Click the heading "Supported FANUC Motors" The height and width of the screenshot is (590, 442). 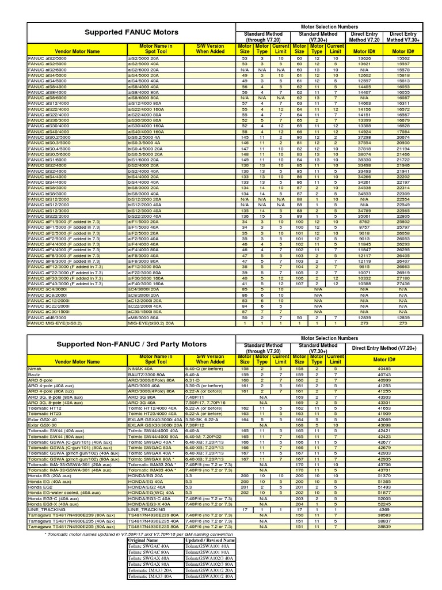[x=132, y=32]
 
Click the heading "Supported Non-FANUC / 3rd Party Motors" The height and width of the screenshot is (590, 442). [x=132, y=345]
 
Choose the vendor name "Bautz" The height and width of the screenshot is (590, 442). [x=36, y=375]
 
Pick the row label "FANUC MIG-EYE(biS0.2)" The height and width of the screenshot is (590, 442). [x=55, y=324]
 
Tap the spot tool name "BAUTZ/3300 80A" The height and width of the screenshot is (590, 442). [x=148, y=375]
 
